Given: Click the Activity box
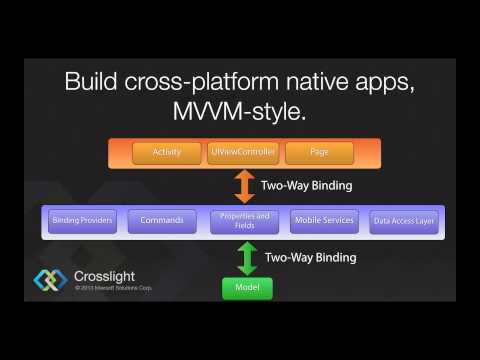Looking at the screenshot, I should click(x=166, y=152).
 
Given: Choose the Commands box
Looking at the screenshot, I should click(x=162, y=220).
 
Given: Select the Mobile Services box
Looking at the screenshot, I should click(x=323, y=220).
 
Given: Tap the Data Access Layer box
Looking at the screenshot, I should click(x=403, y=221).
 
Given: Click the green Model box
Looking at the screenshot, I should click(x=246, y=288).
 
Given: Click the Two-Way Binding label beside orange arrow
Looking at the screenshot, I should click(x=306, y=186).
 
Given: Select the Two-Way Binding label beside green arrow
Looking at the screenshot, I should click(x=310, y=258).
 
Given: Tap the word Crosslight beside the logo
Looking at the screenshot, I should click(x=105, y=276).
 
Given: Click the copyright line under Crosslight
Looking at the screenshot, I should click(x=117, y=288).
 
